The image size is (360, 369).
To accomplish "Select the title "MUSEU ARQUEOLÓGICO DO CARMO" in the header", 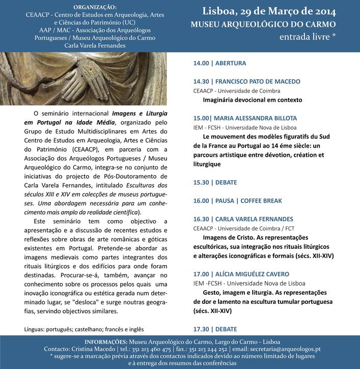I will pos(263,24).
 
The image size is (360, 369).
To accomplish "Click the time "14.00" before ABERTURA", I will pos(201,64).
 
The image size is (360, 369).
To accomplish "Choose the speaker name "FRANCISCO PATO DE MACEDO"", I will pos(258,81).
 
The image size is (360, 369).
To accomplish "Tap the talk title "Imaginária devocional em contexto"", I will pos(252,100).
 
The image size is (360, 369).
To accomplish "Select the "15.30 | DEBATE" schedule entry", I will pos(215,182).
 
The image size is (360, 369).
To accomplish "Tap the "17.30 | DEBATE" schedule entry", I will pos(215,329).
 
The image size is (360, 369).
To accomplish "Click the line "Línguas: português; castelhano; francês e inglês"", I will pos(84,329).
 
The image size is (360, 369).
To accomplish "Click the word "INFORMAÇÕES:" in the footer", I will pos(105,342).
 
